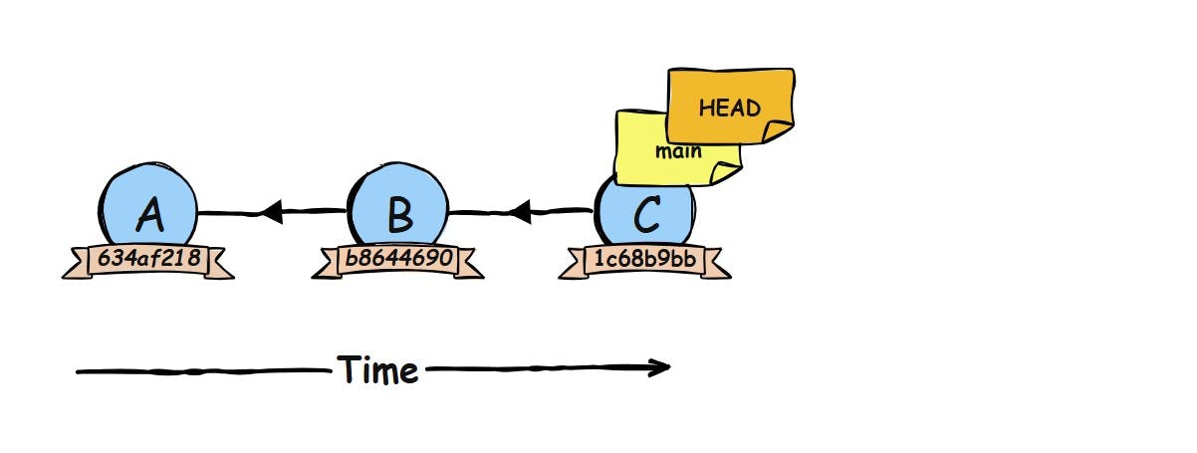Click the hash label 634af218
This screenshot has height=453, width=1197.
click(147, 260)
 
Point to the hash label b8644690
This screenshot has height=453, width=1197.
click(397, 260)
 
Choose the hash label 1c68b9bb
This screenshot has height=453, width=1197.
click(644, 260)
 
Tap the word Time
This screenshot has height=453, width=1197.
click(377, 370)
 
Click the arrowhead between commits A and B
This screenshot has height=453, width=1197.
click(271, 210)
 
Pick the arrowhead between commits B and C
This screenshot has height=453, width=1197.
click(520, 210)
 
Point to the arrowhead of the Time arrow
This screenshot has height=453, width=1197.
click(658, 368)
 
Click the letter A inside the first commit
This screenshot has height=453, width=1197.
click(149, 213)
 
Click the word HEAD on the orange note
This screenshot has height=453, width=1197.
click(729, 108)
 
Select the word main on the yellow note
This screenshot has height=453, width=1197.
click(679, 152)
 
